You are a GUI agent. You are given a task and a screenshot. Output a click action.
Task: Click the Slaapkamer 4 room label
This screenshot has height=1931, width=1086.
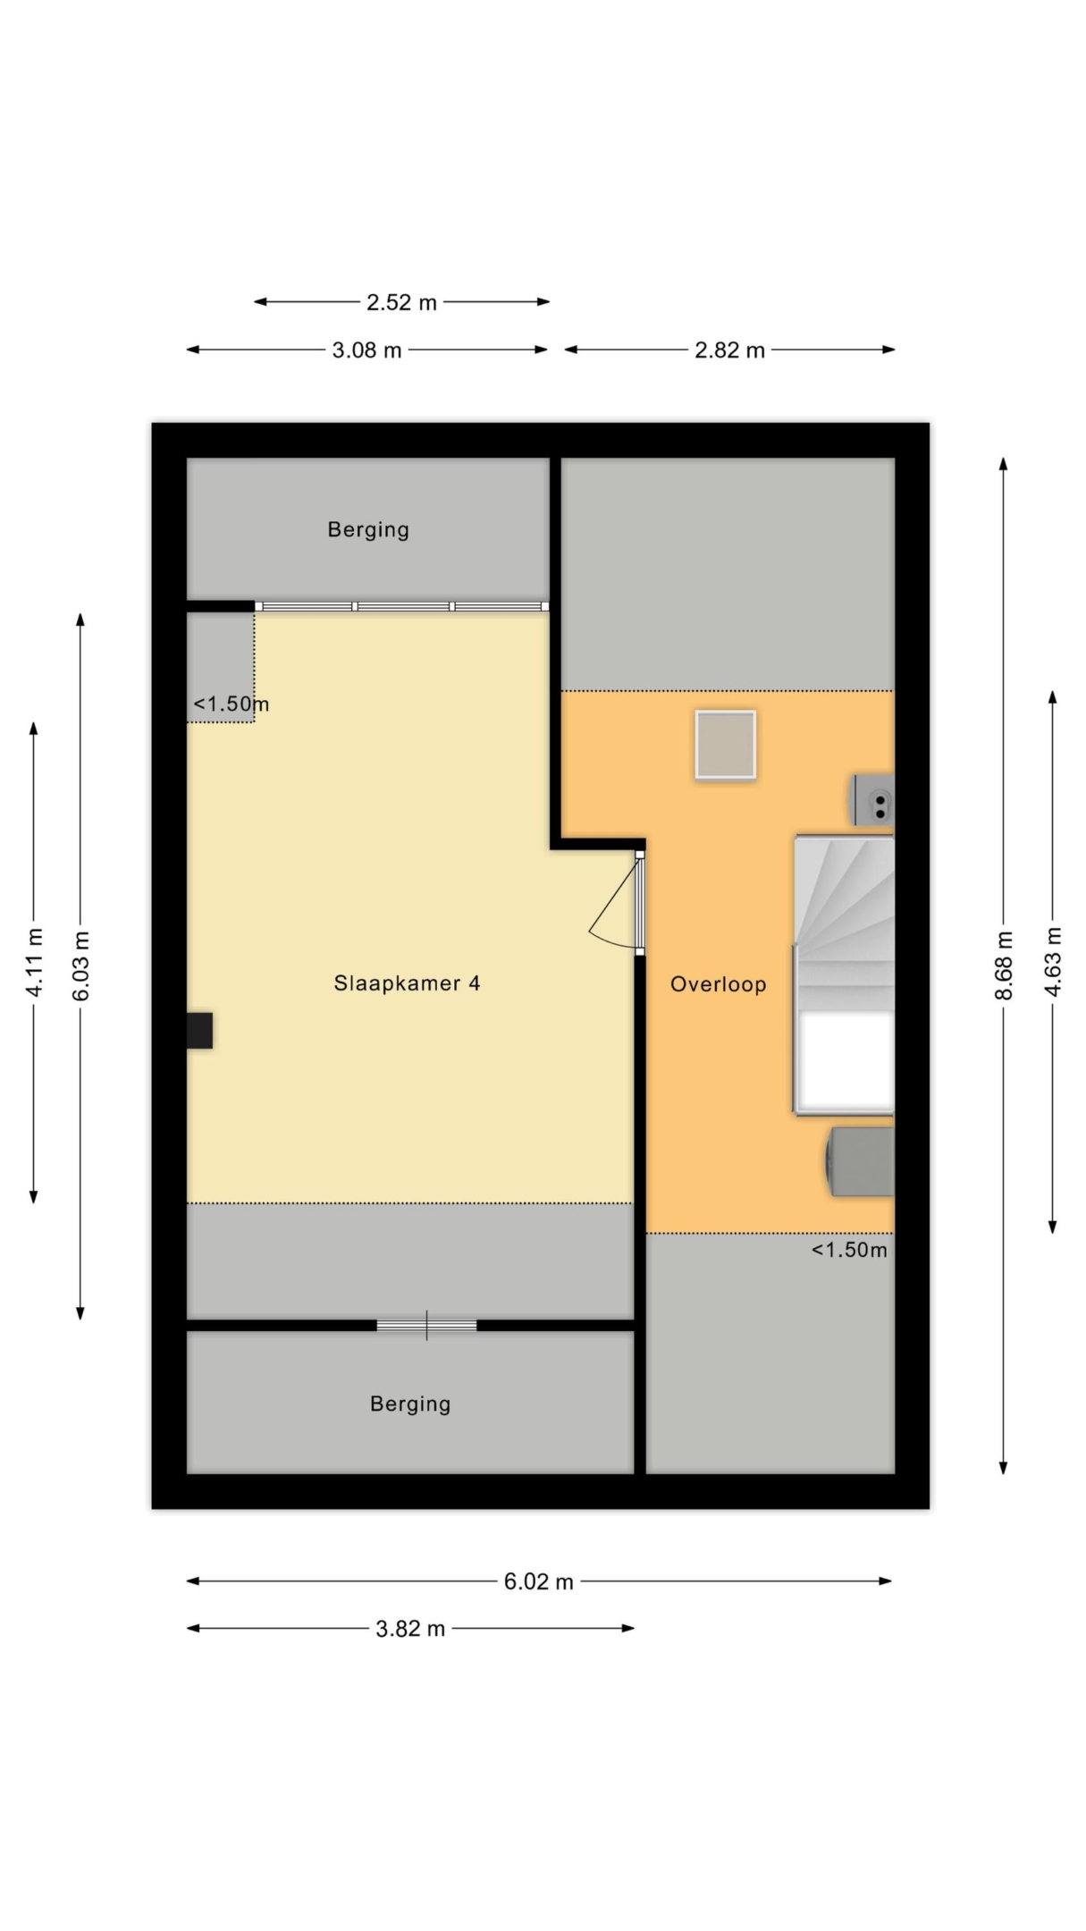407,983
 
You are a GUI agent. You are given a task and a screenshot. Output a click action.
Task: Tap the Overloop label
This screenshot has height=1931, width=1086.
719,984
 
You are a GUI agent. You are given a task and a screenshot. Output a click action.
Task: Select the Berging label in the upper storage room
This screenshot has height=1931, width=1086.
368,530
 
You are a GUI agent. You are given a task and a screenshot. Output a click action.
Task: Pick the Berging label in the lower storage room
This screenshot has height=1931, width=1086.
410,1404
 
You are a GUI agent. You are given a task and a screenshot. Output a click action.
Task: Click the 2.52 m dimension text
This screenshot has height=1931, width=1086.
401,302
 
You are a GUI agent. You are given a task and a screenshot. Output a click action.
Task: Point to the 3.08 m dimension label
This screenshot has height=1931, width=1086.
366,350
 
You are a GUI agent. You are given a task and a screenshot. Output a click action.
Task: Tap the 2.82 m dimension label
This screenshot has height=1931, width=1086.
729,350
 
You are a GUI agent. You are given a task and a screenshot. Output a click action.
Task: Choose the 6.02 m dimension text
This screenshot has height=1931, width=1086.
538,1581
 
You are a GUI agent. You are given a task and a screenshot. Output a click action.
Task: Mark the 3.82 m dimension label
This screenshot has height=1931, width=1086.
410,1629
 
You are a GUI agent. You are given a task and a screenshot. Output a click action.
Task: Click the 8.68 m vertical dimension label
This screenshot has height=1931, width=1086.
1004,965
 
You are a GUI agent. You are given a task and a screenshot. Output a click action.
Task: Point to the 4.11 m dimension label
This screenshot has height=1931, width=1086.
34,962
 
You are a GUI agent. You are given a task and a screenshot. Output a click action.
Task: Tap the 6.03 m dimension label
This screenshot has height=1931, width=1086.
80,965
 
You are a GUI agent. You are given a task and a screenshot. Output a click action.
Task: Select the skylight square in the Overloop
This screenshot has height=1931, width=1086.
726,745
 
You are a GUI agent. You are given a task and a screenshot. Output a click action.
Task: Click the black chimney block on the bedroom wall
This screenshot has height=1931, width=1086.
199,1030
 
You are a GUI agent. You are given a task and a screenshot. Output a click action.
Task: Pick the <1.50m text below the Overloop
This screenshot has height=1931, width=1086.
849,1250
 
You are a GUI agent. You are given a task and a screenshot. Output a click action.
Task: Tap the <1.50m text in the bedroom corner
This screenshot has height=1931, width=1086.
231,704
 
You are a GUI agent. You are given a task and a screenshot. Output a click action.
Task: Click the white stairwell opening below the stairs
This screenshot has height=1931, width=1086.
846,1061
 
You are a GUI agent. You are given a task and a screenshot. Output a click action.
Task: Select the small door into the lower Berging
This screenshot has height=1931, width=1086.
426,1325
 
